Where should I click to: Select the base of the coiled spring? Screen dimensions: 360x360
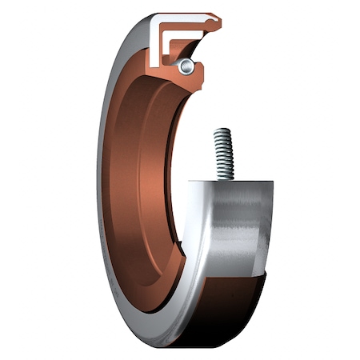coord(224,178)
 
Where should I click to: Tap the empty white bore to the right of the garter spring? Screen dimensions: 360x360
coord(240,80)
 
